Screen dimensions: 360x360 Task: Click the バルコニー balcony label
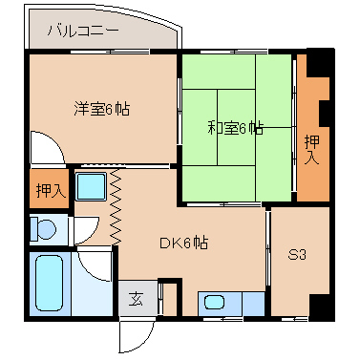pyautogui.click(x=85, y=32)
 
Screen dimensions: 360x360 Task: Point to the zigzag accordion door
pyautogui.click(x=117, y=206)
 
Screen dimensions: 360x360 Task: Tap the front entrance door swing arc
pyautogui.click(x=135, y=335)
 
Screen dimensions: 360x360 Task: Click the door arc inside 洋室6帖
pyautogui.click(x=44, y=149)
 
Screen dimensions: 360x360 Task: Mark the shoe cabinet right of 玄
pyautogui.click(x=168, y=297)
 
